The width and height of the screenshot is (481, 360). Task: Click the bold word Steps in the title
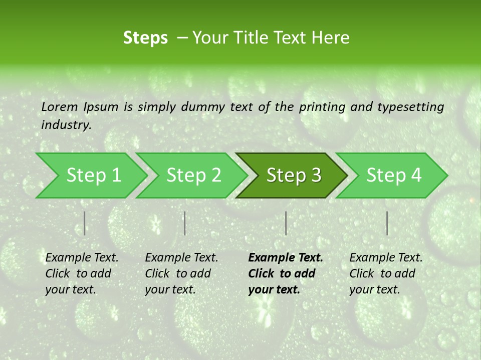pyautogui.click(x=145, y=38)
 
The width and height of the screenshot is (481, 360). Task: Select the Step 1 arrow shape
pyautogui.click(x=90, y=175)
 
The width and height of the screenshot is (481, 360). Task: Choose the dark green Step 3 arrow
pyautogui.click(x=293, y=175)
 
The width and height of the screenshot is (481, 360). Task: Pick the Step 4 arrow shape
pyautogui.click(x=393, y=175)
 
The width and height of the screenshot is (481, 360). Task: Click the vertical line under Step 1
pyautogui.click(x=85, y=223)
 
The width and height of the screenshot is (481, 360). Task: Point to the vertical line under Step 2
pyautogui.click(x=185, y=223)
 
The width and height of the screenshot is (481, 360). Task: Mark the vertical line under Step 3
pyautogui.click(x=286, y=223)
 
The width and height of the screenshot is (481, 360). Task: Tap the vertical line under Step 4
pyautogui.click(x=387, y=223)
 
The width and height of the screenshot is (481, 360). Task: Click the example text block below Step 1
pyautogui.click(x=82, y=273)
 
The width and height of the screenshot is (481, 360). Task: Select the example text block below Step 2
pyautogui.click(x=181, y=273)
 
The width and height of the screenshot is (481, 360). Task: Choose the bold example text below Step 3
pyautogui.click(x=286, y=273)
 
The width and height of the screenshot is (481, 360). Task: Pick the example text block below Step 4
pyautogui.click(x=386, y=273)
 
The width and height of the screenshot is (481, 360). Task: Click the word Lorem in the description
pyautogui.click(x=60, y=107)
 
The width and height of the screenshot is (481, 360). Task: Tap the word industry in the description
pyautogui.click(x=66, y=125)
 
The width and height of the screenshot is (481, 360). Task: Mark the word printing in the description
pyautogui.click(x=322, y=107)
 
